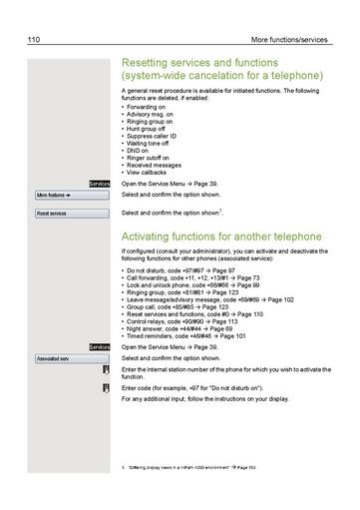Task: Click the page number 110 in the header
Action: [x=35, y=40]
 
